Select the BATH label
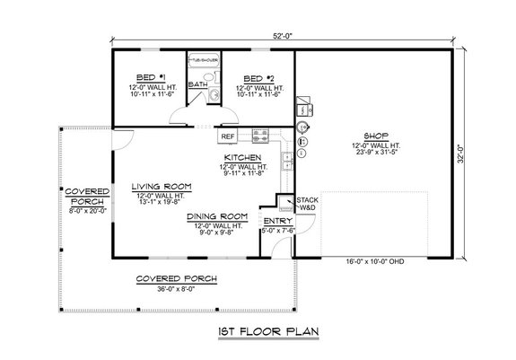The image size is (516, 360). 197,85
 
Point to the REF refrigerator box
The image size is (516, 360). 229,137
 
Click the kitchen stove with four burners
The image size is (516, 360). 259,137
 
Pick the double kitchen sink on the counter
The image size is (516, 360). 286,160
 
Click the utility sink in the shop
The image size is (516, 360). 302,129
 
